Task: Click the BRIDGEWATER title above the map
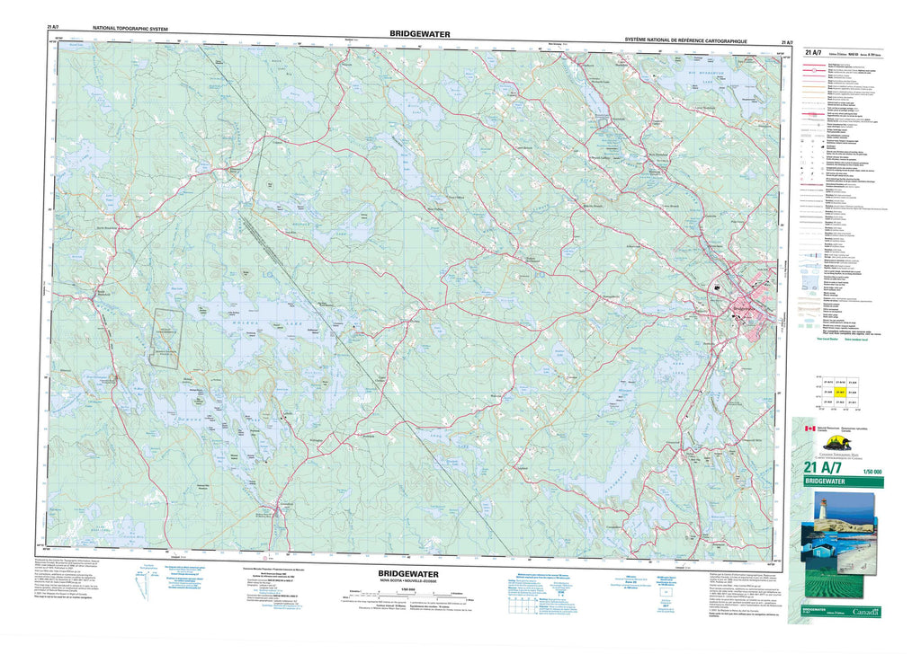pyautogui.click(x=420, y=33)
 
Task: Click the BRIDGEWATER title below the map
pyautogui.click(x=408, y=571)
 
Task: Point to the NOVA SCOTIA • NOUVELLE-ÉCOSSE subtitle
pyautogui.click(x=409, y=580)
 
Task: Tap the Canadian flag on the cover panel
pyautogui.click(x=809, y=430)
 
